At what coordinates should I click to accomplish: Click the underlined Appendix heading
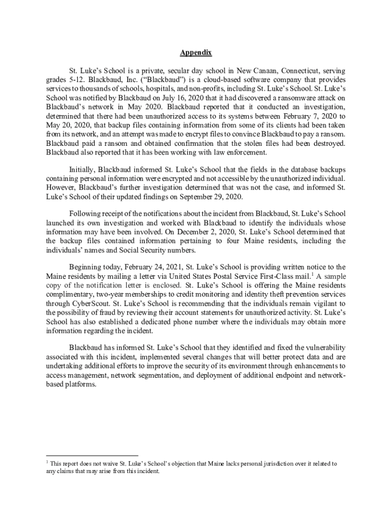click(x=196, y=53)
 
